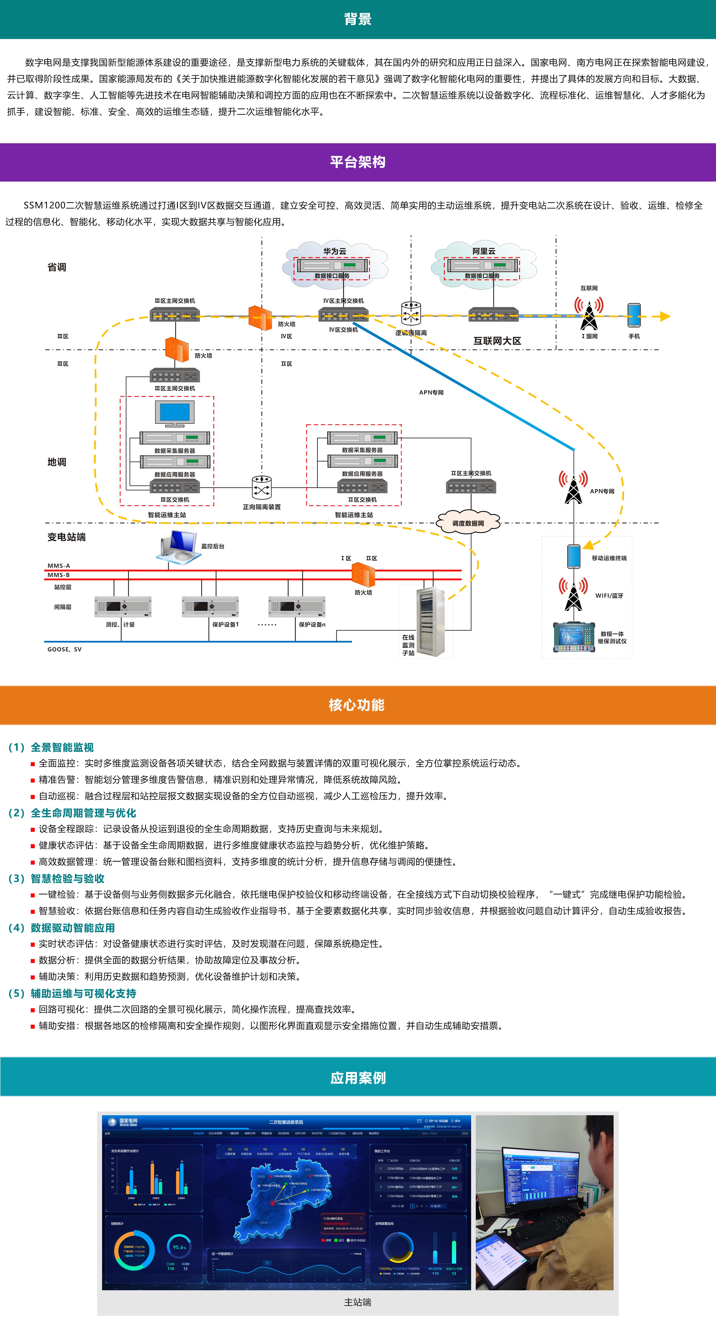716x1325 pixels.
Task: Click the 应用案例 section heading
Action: click(358, 1078)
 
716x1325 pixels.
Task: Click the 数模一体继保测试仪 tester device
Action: click(574, 637)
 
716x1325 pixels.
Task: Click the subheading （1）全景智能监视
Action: click(51, 747)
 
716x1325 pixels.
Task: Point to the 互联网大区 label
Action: click(497, 341)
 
